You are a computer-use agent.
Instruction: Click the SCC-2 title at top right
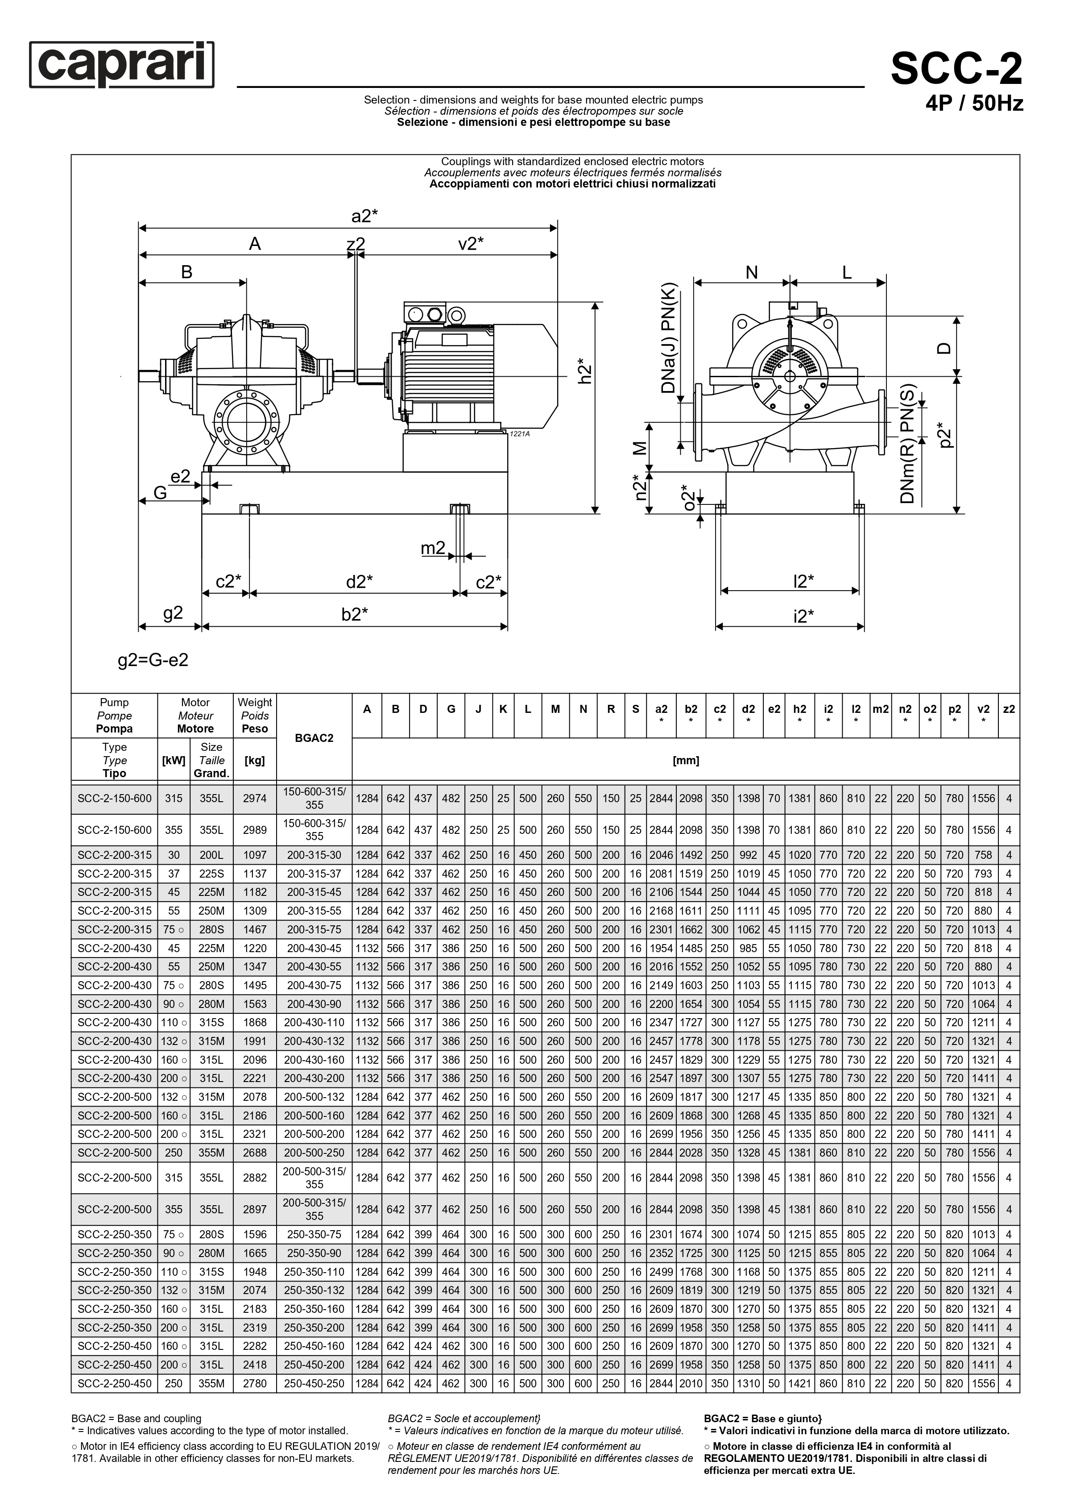pyautogui.click(x=956, y=69)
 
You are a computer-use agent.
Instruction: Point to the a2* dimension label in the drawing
pyautogui.click(x=364, y=216)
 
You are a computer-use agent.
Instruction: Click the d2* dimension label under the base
pyautogui.click(x=359, y=582)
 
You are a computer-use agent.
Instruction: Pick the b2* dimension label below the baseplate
pyautogui.click(x=355, y=614)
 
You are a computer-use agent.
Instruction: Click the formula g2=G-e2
pyautogui.click(x=153, y=660)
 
